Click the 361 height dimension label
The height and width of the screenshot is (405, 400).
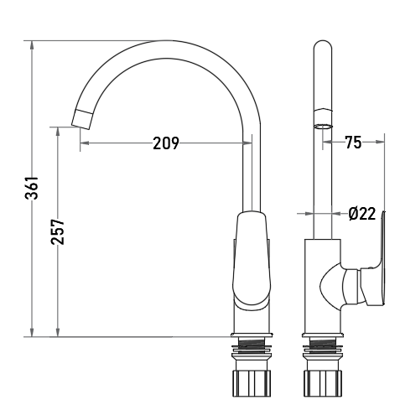[31, 188]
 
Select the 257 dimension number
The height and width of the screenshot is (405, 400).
[58, 231]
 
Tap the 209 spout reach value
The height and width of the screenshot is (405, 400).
[166, 143]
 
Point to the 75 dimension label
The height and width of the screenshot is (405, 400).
[353, 143]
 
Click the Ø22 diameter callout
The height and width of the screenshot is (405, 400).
[362, 214]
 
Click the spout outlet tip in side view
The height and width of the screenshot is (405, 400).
[81, 120]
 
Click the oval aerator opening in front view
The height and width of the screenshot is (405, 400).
[323, 127]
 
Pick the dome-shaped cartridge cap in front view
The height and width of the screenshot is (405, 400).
[330, 288]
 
